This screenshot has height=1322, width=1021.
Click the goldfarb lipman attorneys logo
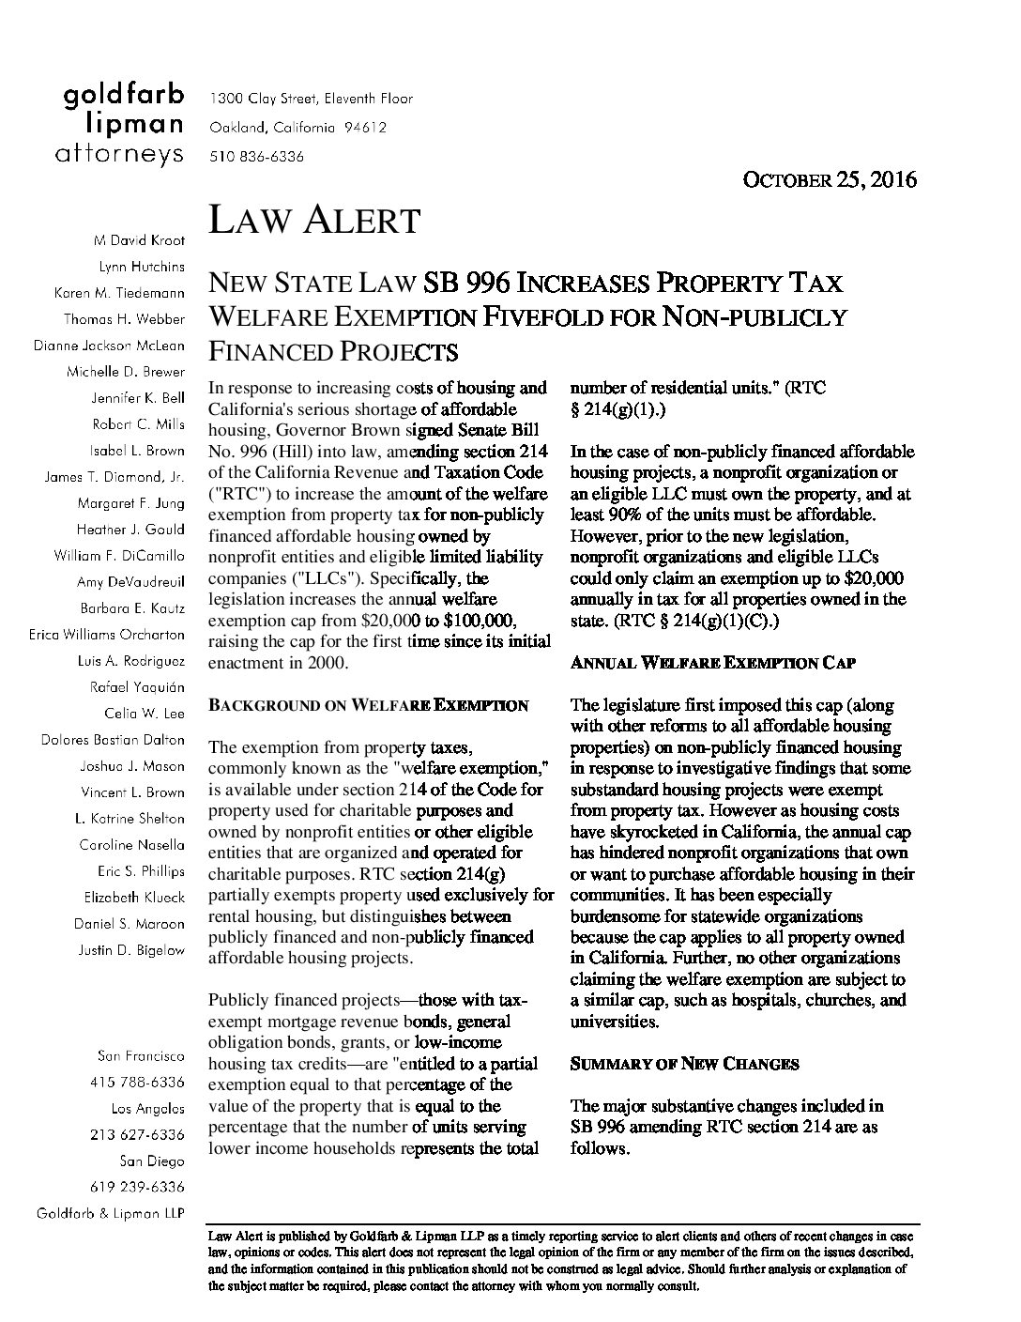pos(123,125)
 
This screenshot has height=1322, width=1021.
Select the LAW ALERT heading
pos(313,221)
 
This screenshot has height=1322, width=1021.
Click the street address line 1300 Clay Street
pos(311,98)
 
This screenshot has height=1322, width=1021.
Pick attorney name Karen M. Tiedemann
pos(119,293)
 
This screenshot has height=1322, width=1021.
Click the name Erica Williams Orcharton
pos(106,635)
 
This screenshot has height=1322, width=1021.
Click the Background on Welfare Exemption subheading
pos(368,705)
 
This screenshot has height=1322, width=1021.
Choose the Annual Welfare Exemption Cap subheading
pos(713,663)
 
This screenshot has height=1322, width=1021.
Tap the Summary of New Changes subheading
pos(684,1064)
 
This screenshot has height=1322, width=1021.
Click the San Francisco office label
pos(141,1056)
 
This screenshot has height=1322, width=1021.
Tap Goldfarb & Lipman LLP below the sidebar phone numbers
pos(110,1213)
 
